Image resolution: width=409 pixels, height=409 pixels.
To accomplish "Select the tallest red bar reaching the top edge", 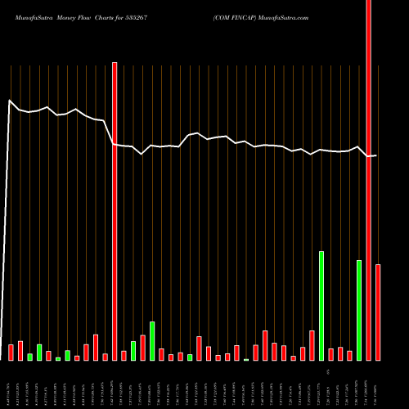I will click(x=369, y=180).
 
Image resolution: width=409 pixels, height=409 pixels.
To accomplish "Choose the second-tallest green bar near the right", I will click(x=359, y=310).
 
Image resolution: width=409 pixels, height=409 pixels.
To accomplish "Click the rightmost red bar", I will click(x=378, y=312).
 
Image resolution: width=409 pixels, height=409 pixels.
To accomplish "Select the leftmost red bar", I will click(x=11, y=353).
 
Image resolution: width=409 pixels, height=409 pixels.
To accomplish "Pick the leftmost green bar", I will click(x=30, y=357).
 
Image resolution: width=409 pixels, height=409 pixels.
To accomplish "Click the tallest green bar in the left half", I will click(x=152, y=341).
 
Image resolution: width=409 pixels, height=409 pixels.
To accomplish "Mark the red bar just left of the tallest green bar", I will click(x=312, y=345).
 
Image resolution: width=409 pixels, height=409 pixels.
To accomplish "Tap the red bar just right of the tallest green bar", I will click(x=330, y=354).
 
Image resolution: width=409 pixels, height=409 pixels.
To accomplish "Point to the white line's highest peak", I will click(x=10, y=101).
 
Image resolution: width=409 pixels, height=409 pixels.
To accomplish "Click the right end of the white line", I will click(x=376, y=155).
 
